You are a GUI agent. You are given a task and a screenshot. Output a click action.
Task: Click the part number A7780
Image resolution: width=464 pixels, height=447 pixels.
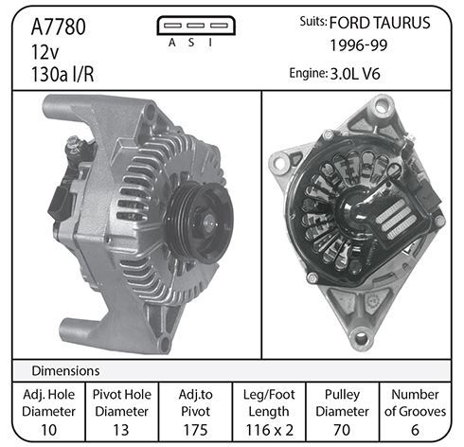tap(59, 27)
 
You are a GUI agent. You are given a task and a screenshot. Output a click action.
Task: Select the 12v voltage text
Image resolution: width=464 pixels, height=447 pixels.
tap(45, 52)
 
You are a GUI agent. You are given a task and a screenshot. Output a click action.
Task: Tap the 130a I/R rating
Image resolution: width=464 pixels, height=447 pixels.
tap(62, 75)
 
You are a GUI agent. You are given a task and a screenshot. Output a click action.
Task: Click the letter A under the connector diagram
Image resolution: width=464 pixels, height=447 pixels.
tap(171, 43)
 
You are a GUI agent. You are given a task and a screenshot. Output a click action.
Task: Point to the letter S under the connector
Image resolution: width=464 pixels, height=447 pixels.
tap(191, 43)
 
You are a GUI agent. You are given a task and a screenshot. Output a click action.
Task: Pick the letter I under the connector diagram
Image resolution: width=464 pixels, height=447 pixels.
tap(210, 43)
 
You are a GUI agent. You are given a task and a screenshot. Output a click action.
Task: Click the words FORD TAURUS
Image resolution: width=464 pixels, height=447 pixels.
tap(380, 23)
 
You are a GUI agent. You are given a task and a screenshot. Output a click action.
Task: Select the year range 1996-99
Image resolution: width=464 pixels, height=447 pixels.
tap(359, 45)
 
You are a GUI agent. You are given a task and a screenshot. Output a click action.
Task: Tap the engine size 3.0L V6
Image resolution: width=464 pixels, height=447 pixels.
tap(355, 74)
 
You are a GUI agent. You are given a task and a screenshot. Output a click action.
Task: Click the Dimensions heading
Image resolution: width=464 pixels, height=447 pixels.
tap(65, 370)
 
